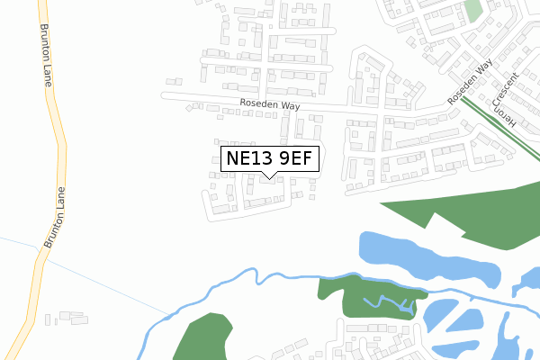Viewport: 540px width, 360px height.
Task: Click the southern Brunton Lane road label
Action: (55, 218)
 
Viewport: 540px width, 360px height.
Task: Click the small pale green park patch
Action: (473, 11)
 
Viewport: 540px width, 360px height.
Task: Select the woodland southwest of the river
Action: (202, 337)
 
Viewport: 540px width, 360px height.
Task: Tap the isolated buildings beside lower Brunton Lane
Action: (67, 318)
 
